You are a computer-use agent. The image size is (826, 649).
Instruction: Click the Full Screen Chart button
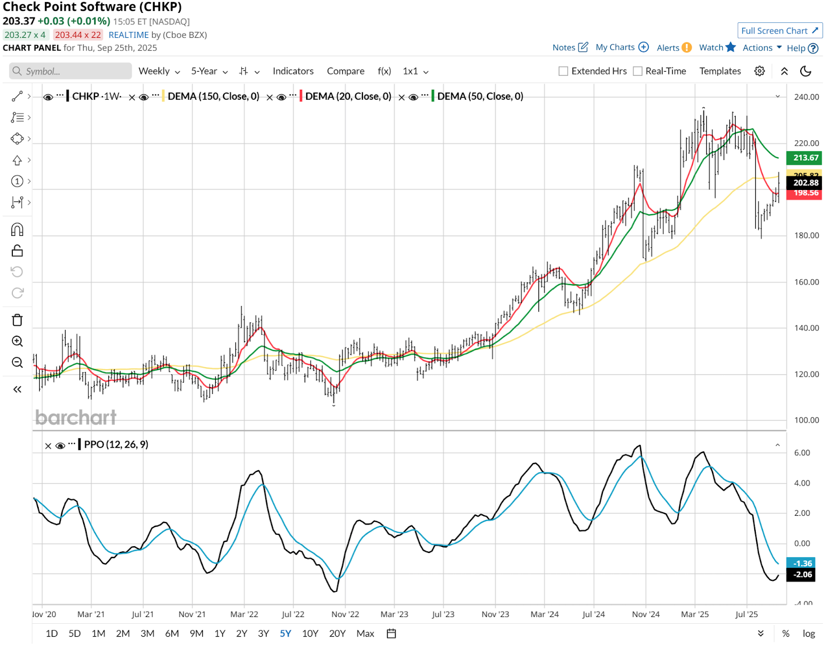click(x=780, y=31)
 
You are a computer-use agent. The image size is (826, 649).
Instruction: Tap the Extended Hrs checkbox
click(x=563, y=71)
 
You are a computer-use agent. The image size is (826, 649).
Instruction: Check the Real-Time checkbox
click(x=638, y=71)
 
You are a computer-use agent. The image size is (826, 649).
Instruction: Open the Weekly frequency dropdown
click(x=158, y=71)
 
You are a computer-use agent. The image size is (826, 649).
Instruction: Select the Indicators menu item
click(x=293, y=71)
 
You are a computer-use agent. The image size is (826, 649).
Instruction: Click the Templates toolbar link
click(x=720, y=71)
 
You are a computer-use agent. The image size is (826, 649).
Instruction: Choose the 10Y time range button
click(x=310, y=634)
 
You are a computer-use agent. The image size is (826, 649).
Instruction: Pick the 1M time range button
click(x=98, y=634)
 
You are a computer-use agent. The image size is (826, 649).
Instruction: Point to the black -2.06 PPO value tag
click(x=801, y=575)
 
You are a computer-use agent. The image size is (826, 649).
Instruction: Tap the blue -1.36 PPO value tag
click(x=801, y=563)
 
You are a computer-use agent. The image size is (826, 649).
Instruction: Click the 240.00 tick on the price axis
click(x=806, y=97)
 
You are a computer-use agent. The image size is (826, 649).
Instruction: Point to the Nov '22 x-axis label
click(x=345, y=614)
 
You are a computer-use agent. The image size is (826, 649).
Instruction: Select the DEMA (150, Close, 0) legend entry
click(x=213, y=97)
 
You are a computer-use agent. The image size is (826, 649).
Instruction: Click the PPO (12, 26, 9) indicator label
click(x=116, y=445)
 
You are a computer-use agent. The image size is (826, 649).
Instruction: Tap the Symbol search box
click(x=71, y=71)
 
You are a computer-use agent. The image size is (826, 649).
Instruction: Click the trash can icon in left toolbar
click(x=17, y=320)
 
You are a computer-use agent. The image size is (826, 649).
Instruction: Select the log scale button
click(x=808, y=634)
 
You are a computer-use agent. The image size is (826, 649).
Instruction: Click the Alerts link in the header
click(x=674, y=48)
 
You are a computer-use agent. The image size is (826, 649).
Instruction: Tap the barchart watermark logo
click(x=76, y=417)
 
